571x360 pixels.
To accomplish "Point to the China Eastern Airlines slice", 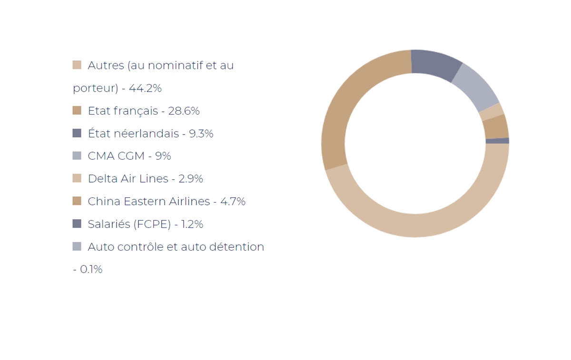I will pyautogui.click(x=495, y=127).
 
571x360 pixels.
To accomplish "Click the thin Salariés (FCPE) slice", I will pyautogui.click(x=497, y=141).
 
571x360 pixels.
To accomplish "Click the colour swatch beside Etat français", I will pyautogui.click(x=77, y=110).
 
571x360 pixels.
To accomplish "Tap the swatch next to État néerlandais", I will pyautogui.click(x=77, y=133).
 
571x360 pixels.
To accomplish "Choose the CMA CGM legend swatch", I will pyautogui.click(x=77, y=156).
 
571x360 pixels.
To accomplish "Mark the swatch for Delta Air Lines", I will pyautogui.click(x=77, y=178).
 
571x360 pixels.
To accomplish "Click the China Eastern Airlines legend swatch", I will pyautogui.click(x=77, y=201).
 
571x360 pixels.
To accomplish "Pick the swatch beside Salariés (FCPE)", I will pyautogui.click(x=77, y=224).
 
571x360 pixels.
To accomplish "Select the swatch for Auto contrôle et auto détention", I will pyautogui.click(x=77, y=246).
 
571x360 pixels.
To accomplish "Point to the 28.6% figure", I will pyautogui.click(x=184, y=111).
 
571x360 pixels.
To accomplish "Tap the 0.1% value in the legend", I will pyautogui.click(x=91, y=270).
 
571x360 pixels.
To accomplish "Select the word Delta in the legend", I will pyautogui.click(x=101, y=179).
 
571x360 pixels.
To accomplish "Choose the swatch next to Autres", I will pyautogui.click(x=77, y=65).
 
